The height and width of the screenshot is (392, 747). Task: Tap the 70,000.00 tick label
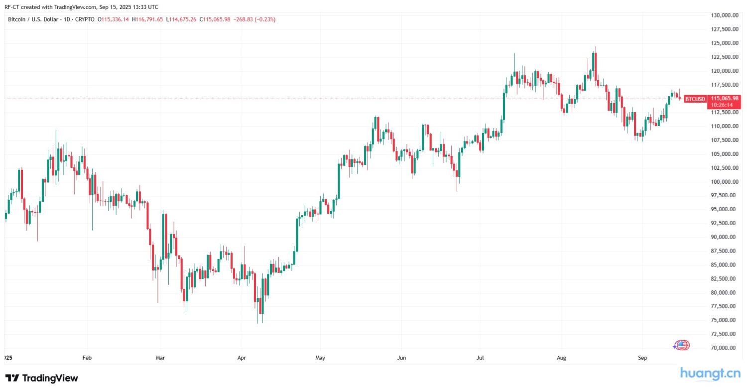pos(725,348)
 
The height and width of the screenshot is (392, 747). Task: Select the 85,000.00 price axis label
pos(725,265)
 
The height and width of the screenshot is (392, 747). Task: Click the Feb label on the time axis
pos(87,358)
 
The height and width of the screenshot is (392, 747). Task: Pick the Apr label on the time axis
pos(242,358)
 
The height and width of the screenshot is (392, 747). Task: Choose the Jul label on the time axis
pos(480,358)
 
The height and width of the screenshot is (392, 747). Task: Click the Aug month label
pos(561,358)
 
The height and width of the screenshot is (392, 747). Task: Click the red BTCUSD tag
pos(695,99)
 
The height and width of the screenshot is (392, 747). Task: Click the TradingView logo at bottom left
pos(42,378)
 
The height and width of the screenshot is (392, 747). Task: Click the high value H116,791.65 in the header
pos(147,19)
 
